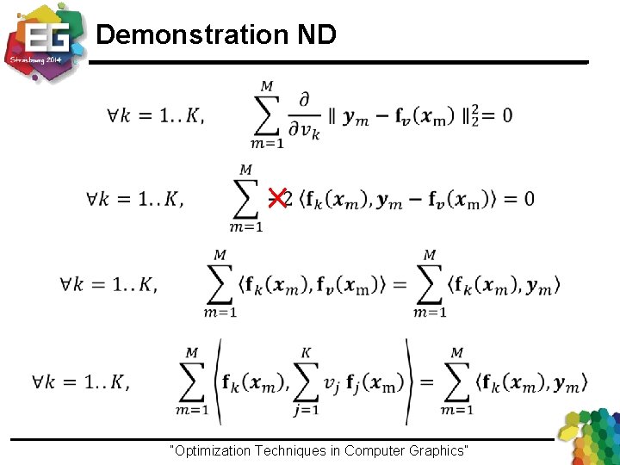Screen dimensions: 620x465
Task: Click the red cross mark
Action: tap(277, 198)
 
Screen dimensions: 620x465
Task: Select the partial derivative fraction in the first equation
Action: tap(302, 115)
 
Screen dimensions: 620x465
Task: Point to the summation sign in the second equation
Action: tap(246, 198)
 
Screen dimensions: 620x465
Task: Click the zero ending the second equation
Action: tap(528, 199)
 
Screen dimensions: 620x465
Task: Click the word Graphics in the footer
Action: tap(437, 450)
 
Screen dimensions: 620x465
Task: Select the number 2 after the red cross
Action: tap(288, 199)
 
